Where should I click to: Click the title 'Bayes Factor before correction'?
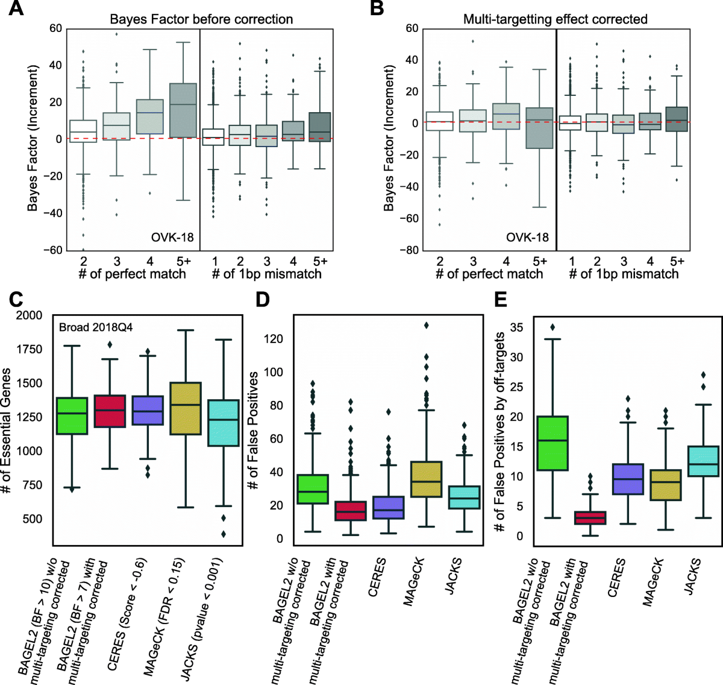pos(201,19)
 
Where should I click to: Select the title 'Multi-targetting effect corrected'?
pos(555,19)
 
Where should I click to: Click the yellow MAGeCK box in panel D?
pos(425,479)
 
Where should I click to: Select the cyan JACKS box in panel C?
pos(223,423)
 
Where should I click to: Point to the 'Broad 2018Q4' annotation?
pos(96,327)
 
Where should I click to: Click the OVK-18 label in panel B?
pos(527,237)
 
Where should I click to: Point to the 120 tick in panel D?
pos(274,339)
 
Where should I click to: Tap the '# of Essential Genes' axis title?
pos(8,431)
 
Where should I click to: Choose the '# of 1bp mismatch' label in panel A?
pos(266,274)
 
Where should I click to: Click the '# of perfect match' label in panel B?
pos(489,274)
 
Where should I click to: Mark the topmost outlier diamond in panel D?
pos(427,326)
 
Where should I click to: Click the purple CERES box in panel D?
pos(389,507)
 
